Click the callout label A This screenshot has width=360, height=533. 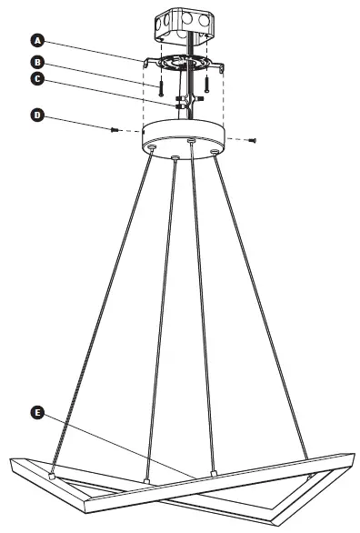click(37, 40)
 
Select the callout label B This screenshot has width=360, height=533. click(37, 62)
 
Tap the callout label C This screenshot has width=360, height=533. click(37, 79)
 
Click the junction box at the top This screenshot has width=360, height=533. click(185, 25)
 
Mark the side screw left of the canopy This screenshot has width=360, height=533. click(115, 130)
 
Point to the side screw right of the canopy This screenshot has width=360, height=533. click(254, 139)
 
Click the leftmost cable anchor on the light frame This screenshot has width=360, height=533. click(53, 475)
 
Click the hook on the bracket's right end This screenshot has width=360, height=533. click(222, 66)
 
